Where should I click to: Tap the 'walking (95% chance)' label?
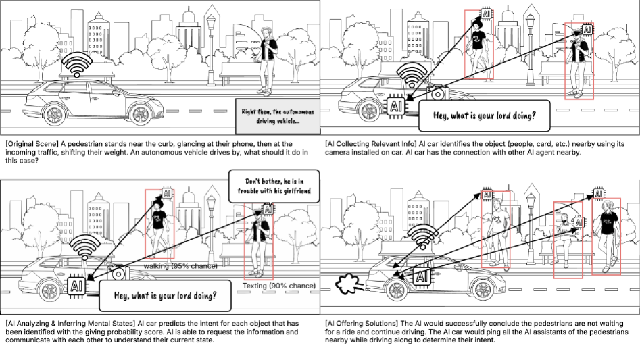tap(180, 267)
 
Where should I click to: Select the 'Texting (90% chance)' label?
tap(278, 286)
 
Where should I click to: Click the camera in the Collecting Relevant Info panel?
tap(435, 93)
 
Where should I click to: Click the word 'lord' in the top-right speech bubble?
tap(502, 115)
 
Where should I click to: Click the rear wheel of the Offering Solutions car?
tap(395, 291)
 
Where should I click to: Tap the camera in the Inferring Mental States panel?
tap(118, 274)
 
